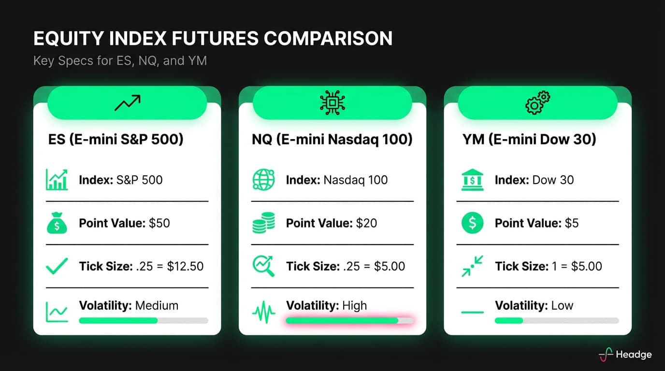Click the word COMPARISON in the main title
[331, 39]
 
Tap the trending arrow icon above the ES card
[127, 103]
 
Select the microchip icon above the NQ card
[332, 103]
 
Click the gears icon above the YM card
[537, 103]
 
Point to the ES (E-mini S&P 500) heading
[116, 140]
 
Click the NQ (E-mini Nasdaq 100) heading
[332, 140]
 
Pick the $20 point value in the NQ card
[366, 223]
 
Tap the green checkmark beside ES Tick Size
[57, 266]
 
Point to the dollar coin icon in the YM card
[472, 223]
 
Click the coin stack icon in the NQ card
[263, 223]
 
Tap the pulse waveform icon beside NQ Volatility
[263, 312]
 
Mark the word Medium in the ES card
[157, 306]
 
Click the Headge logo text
[634, 355]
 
